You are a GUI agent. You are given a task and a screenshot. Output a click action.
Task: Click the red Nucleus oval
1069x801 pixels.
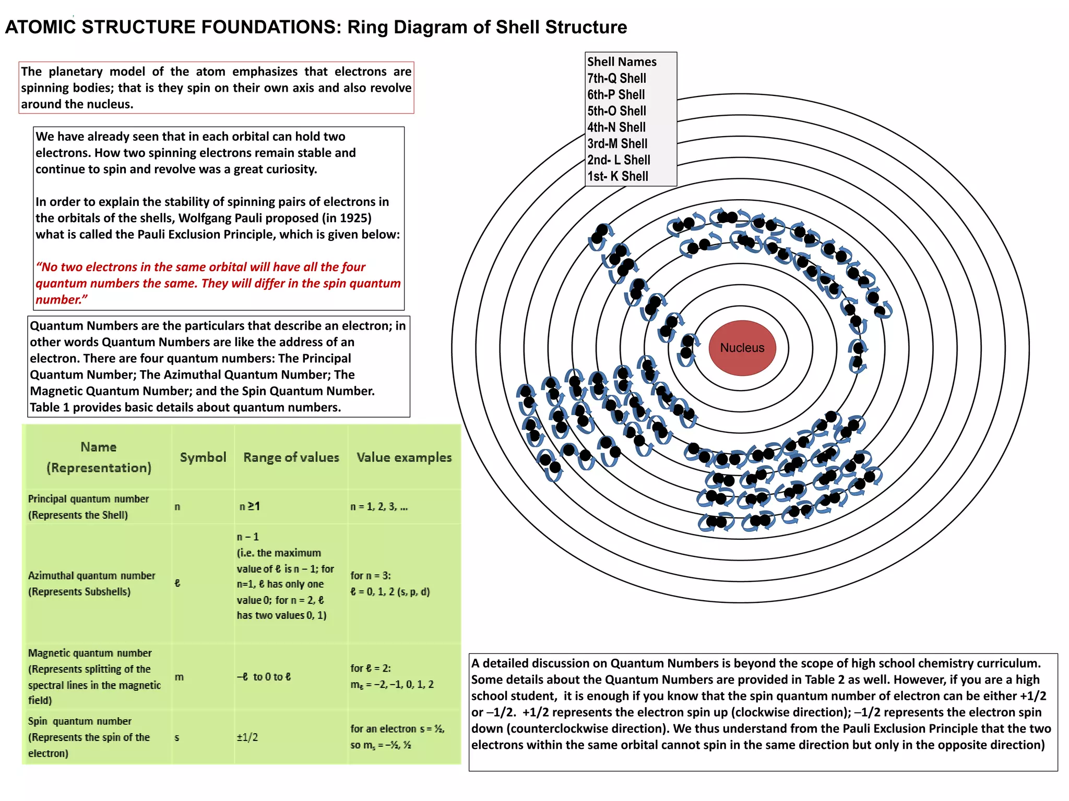742,348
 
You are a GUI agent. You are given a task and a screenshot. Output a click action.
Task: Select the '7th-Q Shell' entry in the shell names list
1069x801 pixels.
616,78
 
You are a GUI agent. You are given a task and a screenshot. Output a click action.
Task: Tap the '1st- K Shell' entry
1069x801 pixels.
617,176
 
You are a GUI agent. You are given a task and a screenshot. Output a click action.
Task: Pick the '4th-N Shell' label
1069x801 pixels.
616,127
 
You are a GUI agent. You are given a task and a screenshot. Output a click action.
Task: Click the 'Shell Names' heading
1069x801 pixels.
622,62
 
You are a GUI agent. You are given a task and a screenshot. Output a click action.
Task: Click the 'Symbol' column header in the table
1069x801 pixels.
203,457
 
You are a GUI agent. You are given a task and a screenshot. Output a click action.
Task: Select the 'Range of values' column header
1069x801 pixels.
291,457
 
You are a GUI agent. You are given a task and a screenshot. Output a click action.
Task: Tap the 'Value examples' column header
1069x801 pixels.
404,457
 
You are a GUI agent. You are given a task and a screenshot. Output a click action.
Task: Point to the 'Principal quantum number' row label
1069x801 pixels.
88,499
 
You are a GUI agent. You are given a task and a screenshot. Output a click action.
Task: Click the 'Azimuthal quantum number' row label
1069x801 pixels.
91,576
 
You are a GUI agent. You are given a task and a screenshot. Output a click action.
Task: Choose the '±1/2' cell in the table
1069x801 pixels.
247,737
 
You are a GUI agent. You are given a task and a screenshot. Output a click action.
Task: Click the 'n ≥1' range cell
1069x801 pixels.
250,506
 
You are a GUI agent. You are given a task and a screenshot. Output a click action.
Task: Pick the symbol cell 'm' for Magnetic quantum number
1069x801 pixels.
179,677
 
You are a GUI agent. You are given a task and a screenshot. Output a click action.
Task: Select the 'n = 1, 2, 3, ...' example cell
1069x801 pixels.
379,506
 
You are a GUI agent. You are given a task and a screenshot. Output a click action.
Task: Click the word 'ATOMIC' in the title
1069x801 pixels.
40,27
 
